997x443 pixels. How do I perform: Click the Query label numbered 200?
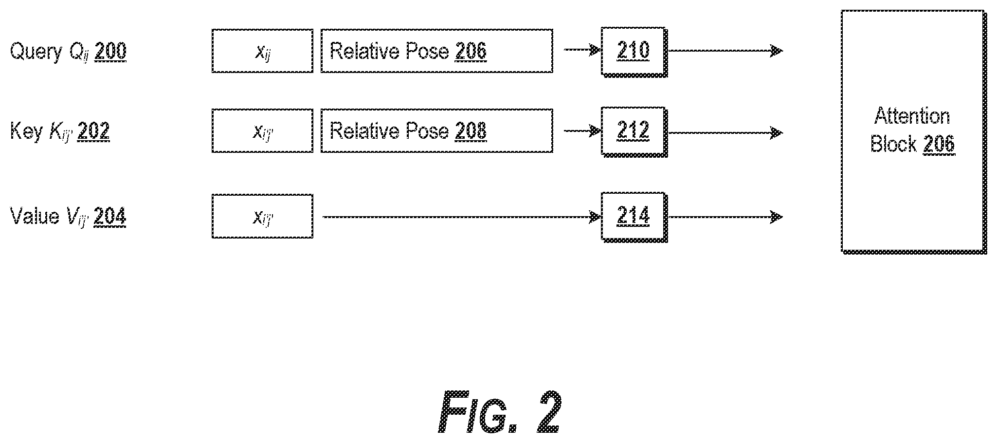tap(68, 51)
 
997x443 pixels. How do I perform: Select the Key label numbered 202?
tap(60, 131)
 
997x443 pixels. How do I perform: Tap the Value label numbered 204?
tap(68, 216)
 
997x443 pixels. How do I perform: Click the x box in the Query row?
tap(262, 51)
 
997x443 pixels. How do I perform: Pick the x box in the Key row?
tap(262, 131)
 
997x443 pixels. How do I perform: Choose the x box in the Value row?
tap(262, 216)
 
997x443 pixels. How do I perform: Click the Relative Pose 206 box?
tap(436, 51)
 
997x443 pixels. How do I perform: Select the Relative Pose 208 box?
tap(436, 131)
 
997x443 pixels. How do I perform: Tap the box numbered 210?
tap(634, 52)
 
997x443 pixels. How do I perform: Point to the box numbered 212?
tap(634, 132)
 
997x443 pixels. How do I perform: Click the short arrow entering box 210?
tap(582, 50)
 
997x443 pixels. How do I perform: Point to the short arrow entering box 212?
tap(582, 130)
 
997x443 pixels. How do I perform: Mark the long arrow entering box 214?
tap(462, 217)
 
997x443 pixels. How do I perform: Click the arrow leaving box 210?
tap(725, 50)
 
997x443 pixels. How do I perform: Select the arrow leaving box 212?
tap(725, 132)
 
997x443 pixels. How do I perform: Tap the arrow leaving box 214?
tap(725, 217)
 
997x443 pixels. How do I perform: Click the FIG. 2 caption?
tap(500, 412)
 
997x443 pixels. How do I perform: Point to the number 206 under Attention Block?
tap(939, 145)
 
